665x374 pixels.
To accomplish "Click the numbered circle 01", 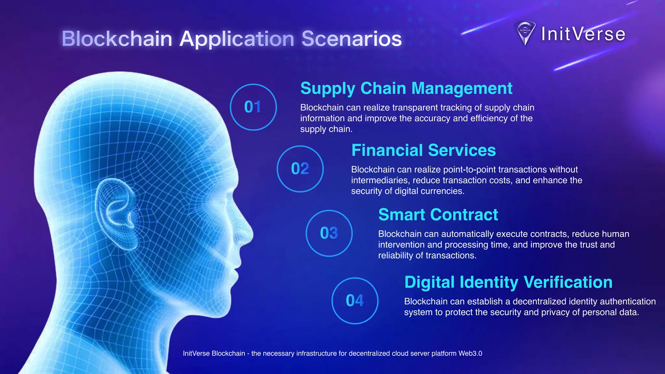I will [253, 107].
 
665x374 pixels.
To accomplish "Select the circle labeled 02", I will [300, 169].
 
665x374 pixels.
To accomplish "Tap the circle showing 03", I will [329, 233].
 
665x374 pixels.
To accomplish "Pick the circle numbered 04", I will [355, 301].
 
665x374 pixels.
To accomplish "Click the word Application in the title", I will [237, 39].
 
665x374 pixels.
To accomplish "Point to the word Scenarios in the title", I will [351, 39].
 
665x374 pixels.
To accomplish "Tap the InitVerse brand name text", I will [583, 34].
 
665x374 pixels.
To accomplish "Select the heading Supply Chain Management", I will [406, 88].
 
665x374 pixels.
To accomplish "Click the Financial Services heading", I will [423, 150].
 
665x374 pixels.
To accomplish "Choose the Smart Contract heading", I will [438, 215].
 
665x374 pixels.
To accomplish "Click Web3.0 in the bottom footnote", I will [470, 354].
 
